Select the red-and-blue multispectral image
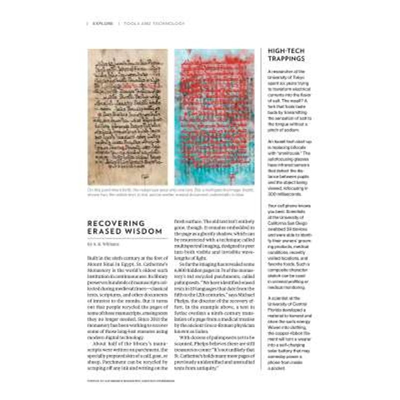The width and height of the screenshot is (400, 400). [x=214, y=117]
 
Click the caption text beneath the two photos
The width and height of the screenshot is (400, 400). [x=170, y=192]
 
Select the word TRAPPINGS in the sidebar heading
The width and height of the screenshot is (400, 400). [x=287, y=58]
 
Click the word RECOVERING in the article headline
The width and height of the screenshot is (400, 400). [x=109, y=223]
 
